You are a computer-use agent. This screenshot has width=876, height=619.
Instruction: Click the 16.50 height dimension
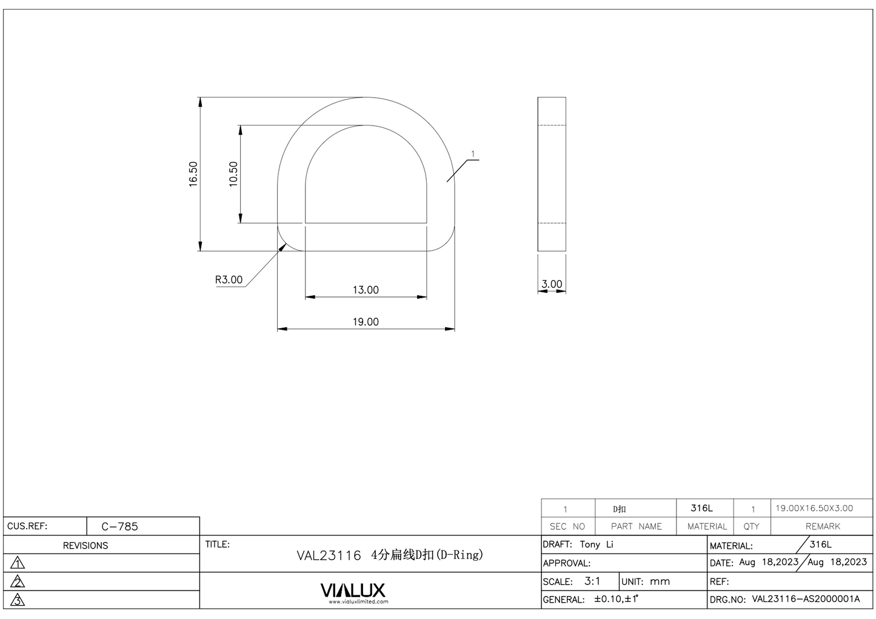193,174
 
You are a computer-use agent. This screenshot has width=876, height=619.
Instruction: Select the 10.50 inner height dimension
233,174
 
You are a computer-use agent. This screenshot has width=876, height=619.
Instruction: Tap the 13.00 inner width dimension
366,290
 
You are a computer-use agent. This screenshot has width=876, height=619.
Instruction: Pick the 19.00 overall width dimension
366,322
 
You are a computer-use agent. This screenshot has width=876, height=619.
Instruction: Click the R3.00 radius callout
229,279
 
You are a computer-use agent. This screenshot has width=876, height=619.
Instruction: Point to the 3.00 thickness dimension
552,284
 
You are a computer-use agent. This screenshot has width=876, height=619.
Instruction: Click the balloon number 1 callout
473,155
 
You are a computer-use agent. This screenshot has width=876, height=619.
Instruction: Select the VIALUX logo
353,591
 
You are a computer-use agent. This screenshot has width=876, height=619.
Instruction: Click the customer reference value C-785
119,526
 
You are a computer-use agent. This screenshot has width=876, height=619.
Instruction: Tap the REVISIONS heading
85,546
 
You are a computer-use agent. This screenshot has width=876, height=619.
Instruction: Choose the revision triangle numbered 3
18,600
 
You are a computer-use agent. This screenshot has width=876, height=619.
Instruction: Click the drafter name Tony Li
597,544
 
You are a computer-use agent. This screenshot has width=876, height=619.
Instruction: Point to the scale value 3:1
592,581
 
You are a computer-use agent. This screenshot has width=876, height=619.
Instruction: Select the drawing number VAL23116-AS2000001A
806,599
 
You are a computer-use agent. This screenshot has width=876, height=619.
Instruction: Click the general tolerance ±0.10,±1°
615,599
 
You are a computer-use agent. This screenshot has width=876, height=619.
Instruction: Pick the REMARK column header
823,526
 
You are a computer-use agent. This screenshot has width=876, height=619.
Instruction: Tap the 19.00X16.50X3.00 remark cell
814,508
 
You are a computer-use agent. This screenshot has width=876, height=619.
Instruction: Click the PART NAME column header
636,526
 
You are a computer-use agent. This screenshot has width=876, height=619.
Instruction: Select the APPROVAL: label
566,563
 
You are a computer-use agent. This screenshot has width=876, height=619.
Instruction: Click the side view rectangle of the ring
552,174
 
